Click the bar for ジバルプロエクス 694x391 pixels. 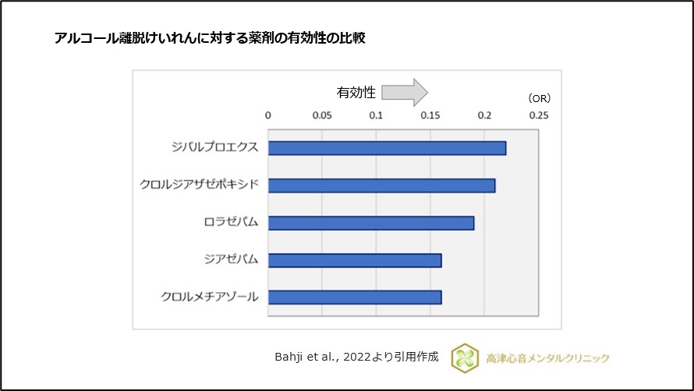[387, 148]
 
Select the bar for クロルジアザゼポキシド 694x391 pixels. [381, 185]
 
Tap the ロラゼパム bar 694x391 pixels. [371, 223]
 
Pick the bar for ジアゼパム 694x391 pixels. [355, 259]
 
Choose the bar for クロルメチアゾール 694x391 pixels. [355, 297]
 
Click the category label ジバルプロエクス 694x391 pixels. [216, 147]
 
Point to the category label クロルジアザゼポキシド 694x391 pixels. [199, 185]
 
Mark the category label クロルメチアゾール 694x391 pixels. [210, 297]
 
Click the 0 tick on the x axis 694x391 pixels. [268, 115]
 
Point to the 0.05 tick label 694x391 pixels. [322, 115]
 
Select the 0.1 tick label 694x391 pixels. [377, 115]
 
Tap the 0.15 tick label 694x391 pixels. [430, 115]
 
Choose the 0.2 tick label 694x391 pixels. [484, 115]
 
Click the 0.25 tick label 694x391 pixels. [539, 115]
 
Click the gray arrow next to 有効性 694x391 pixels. [405, 93]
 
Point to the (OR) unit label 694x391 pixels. [539, 98]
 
